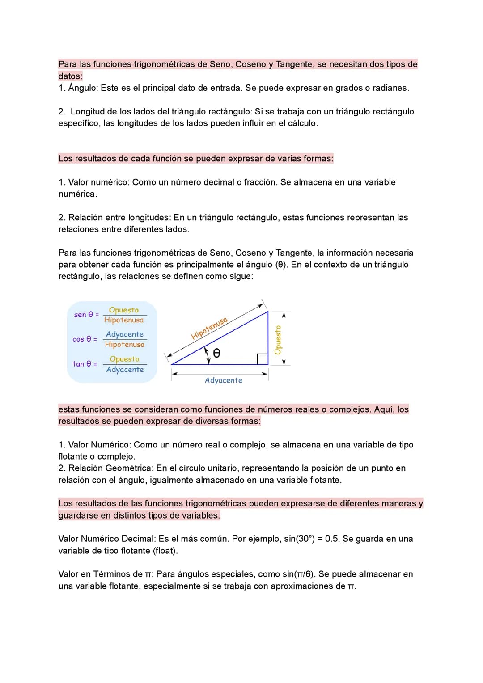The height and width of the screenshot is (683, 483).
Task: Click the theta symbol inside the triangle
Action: (216, 353)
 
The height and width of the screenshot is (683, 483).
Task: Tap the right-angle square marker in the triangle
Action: (263, 359)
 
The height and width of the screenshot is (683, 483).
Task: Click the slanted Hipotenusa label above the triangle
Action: (209, 329)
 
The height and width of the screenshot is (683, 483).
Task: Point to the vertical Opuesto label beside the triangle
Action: (278, 340)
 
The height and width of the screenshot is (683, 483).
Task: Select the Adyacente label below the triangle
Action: (224, 380)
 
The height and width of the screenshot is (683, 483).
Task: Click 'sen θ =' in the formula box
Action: (86, 315)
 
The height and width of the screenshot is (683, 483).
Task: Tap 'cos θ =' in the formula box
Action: (85, 339)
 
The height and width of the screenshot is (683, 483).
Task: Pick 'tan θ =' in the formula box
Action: (85, 364)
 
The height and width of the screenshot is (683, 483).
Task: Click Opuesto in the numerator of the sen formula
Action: (124, 310)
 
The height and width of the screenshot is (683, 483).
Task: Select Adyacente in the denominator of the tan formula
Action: (125, 370)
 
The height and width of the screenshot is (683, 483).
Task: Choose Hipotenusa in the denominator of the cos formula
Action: (125, 344)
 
